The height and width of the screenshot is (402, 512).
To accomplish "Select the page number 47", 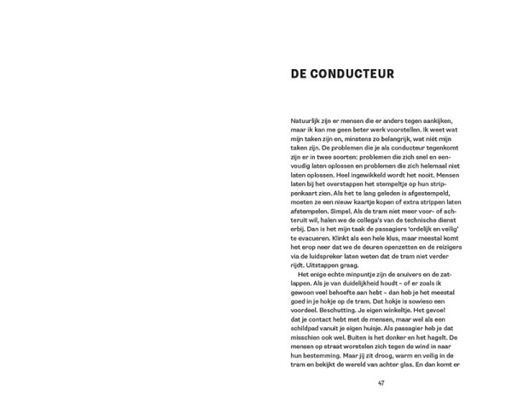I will click(x=381, y=382).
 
